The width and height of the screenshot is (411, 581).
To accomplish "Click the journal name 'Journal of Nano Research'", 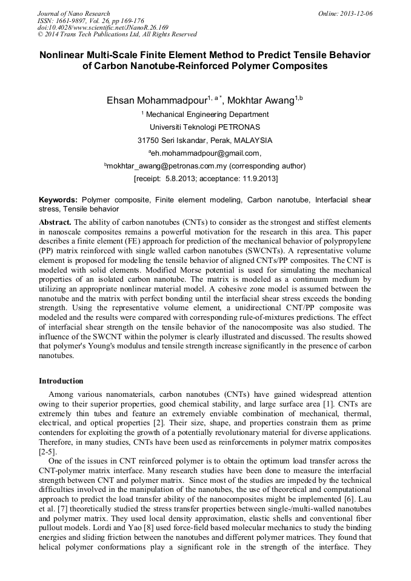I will [x=73, y=13].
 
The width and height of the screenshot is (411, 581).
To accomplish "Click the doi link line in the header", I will [x=102, y=27].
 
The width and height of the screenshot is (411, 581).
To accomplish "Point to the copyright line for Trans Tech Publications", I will [x=117, y=35].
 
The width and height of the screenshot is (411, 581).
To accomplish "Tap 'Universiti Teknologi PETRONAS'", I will [x=205, y=127].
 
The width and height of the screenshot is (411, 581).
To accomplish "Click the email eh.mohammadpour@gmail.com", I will [x=206, y=153].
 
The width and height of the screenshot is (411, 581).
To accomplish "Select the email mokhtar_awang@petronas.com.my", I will [x=158, y=165].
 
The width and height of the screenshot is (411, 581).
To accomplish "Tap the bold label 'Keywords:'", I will [x=58, y=199].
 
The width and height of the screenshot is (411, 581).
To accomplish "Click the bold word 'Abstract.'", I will [x=55, y=222].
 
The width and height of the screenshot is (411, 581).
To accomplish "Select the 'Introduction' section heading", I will [x=61, y=381].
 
